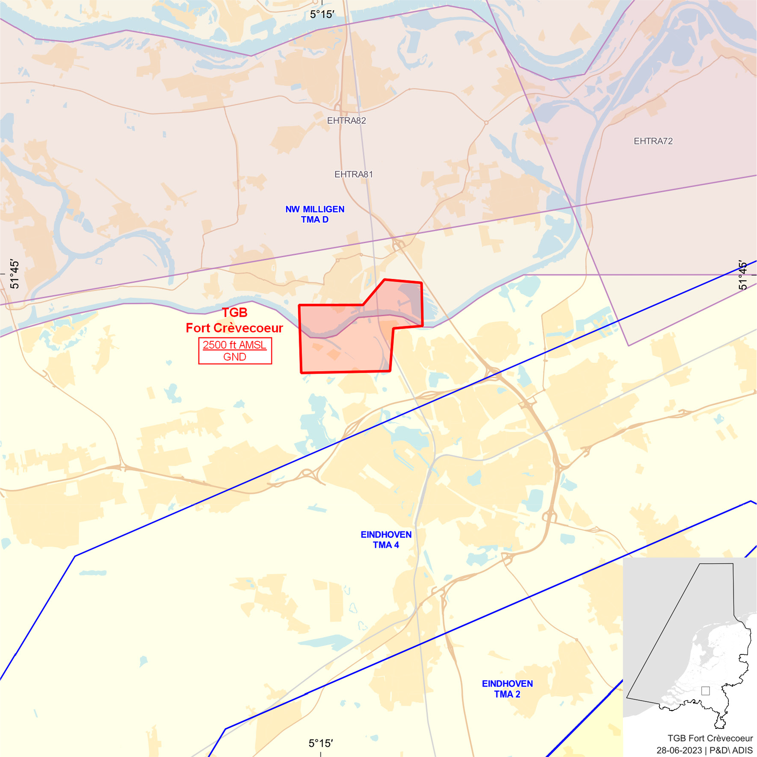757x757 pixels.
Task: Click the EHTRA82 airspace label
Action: pos(346,121)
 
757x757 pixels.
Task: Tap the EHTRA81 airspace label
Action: pos(354,174)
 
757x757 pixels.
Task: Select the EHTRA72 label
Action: pos(653,141)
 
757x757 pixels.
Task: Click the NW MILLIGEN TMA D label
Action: pos(315,214)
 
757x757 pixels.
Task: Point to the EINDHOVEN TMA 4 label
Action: pos(386,539)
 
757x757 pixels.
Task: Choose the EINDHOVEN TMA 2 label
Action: pos(507,689)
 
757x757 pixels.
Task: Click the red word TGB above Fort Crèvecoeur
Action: pos(235,312)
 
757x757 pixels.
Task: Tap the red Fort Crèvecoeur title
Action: pos(234,328)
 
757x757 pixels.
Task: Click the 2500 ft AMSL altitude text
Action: pos(235,345)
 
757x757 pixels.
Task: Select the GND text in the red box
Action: pos(235,357)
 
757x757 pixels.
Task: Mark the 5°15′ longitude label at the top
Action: pos(322,15)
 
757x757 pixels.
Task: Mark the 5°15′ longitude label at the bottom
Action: pos(320,743)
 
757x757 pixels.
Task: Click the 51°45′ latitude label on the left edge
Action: pos(15,274)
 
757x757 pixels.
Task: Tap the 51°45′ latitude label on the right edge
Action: pos(742,276)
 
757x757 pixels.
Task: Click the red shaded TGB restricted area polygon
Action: pos(342,346)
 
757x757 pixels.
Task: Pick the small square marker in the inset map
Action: pos(705,691)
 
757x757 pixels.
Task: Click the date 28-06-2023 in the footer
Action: pos(679,750)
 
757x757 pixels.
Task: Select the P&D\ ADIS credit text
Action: pos(731,750)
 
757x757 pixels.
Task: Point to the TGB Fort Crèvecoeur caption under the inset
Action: pos(710,738)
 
